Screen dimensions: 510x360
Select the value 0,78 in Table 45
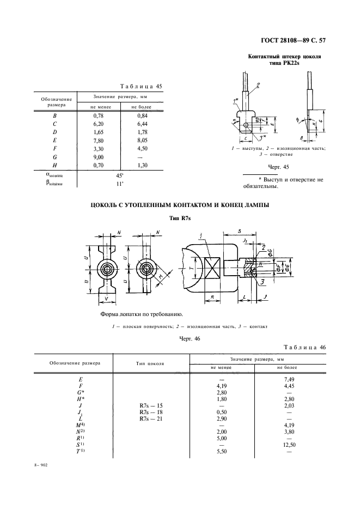coord(99,116)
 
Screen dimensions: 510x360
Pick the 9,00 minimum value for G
coord(99,157)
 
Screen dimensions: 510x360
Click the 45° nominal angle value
coord(119,176)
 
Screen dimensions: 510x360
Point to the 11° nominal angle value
coord(119,184)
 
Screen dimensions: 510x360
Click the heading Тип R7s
coord(180,217)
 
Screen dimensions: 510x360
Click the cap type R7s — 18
coord(151,412)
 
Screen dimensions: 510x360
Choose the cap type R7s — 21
coord(151,420)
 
